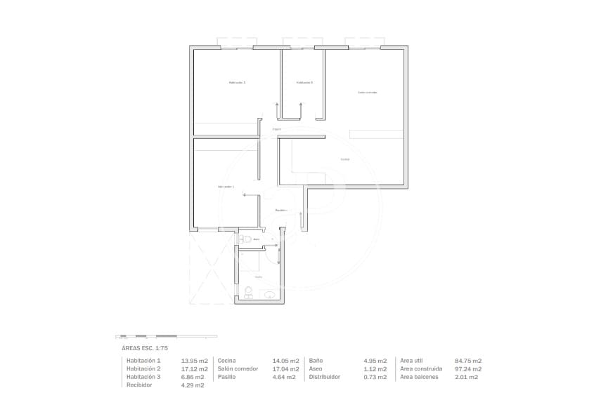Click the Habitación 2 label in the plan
[x=237, y=82]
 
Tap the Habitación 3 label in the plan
[x=304, y=82]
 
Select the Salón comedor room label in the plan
[x=367, y=92]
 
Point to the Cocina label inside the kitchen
[x=344, y=159]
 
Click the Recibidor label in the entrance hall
[x=280, y=210]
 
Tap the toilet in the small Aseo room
[x=243, y=239]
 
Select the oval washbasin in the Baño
[x=270, y=295]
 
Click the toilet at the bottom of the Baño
[x=247, y=291]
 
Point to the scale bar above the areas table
[x=166, y=336]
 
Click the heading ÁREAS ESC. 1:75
[x=145, y=347]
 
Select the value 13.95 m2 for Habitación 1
[x=194, y=361]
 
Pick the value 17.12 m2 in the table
[x=194, y=368]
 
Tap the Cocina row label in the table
[x=226, y=361]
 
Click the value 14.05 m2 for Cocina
[x=285, y=361]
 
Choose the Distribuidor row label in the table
[x=324, y=377]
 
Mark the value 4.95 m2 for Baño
[x=375, y=361]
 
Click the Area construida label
[x=420, y=368]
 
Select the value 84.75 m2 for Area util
[x=467, y=361]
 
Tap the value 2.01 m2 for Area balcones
[x=467, y=377]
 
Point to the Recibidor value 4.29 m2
[x=193, y=385]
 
